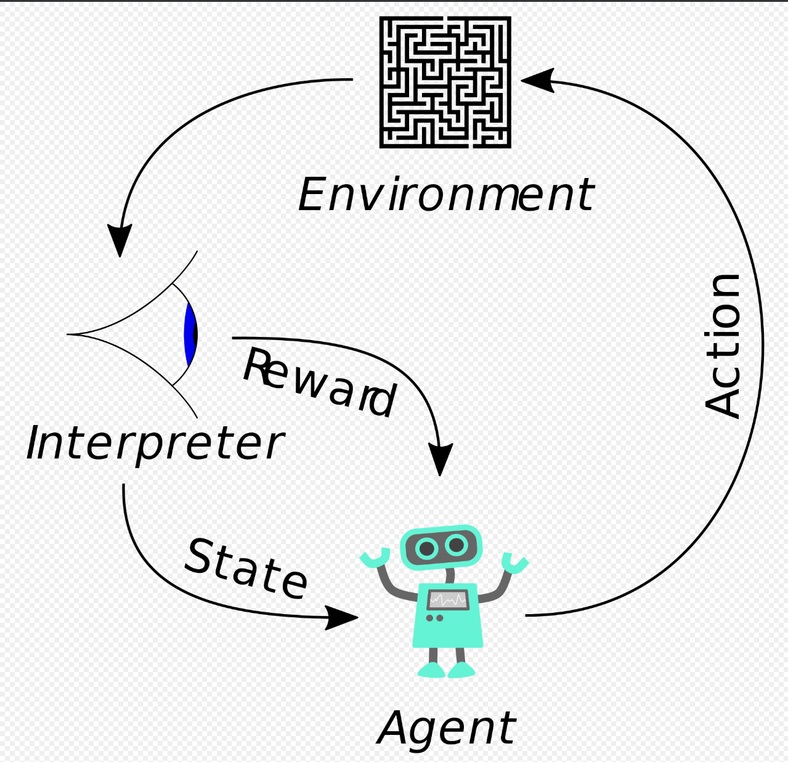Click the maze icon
[445, 82]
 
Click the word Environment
[446, 195]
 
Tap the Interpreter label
[155, 444]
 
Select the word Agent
[446, 728]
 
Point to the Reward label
[319, 383]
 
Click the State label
[246, 569]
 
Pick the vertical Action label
[723, 346]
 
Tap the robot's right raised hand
[514, 562]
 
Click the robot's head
[441, 547]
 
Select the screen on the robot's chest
[448, 599]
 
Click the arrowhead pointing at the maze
[537, 80]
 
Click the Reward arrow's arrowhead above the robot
[440, 460]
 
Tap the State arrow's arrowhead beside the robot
[342, 617]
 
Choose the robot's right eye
[457, 545]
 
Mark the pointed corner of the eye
[70, 334]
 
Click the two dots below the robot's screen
[434, 618]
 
